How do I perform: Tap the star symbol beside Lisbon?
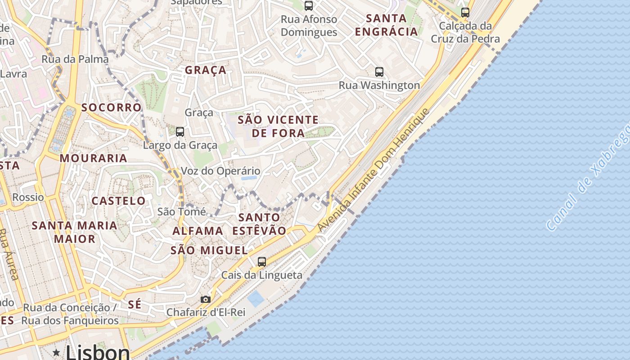tap(56, 352)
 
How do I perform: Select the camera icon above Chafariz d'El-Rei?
tap(205, 299)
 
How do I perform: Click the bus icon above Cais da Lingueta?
tap(261, 261)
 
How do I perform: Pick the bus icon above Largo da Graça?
tap(180, 132)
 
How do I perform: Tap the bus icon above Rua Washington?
tap(379, 72)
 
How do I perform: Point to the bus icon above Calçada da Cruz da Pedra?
tap(465, 12)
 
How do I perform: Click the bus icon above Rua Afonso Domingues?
tap(309, 6)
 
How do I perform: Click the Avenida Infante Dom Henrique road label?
tap(374, 171)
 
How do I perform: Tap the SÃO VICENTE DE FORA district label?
tap(278, 126)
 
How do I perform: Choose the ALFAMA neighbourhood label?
tap(198, 231)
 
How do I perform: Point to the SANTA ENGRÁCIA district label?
tap(387, 25)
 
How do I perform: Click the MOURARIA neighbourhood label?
tap(94, 158)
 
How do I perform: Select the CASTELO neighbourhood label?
tap(119, 201)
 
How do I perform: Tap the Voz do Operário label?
tap(220, 171)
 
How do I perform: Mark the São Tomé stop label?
tap(181, 211)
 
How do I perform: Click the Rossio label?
tap(28, 197)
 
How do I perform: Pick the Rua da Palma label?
tap(75, 59)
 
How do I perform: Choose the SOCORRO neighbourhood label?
tap(112, 108)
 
